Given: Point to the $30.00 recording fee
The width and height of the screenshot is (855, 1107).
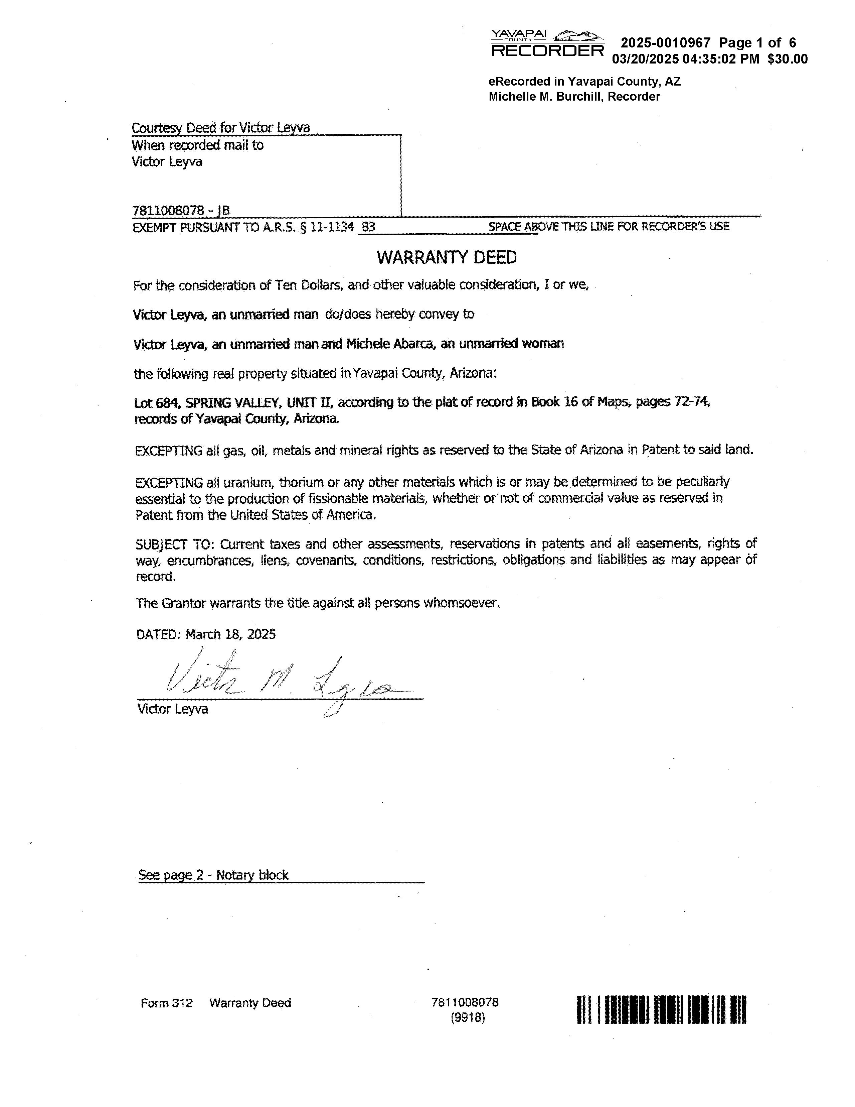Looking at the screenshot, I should (x=787, y=59).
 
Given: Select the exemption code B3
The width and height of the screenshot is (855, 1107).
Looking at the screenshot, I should (x=368, y=227).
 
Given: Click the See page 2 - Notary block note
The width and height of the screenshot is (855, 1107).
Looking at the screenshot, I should (x=213, y=875).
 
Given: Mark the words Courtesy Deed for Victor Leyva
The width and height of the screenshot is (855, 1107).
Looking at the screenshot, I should (x=220, y=128).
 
